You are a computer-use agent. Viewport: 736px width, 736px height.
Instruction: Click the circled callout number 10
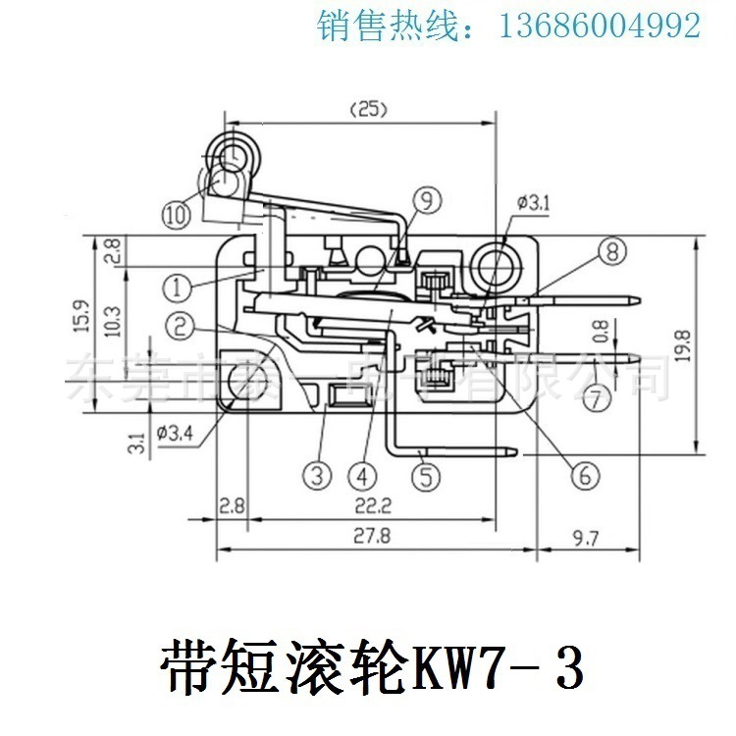[x=177, y=213]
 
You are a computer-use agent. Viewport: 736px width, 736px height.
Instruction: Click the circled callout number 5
[x=425, y=476]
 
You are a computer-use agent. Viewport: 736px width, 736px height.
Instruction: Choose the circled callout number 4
[x=363, y=476]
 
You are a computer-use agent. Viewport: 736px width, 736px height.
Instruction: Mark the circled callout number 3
[x=314, y=476]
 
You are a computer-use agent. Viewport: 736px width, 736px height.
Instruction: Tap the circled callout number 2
[x=178, y=322]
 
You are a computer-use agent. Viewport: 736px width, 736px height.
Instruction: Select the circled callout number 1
[x=176, y=287]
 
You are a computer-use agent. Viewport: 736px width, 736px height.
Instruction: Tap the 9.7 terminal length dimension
[x=584, y=536]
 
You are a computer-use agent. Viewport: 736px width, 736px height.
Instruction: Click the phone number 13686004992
[x=601, y=26]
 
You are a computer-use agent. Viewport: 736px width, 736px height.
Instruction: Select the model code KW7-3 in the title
[x=500, y=667]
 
